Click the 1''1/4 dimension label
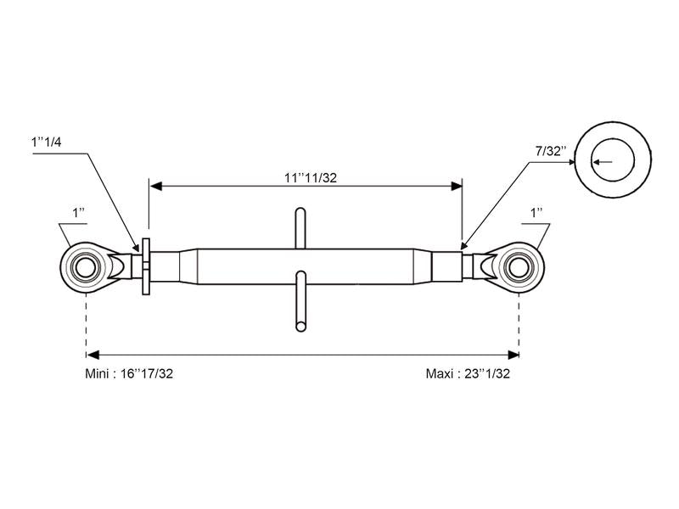pyautogui.click(x=45, y=143)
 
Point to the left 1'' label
pyautogui.click(x=77, y=213)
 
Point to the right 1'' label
pyautogui.click(x=536, y=212)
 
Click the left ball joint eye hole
pyautogui.click(x=86, y=266)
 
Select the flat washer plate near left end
pyautogui.click(x=145, y=266)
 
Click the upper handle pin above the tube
pyautogui.click(x=300, y=227)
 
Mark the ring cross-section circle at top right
pyautogui.click(x=613, y=159)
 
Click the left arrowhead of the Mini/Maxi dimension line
pyautogui.click(x=92, y=354)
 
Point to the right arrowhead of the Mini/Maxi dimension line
pyautogui.click(x=513, y=354)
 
